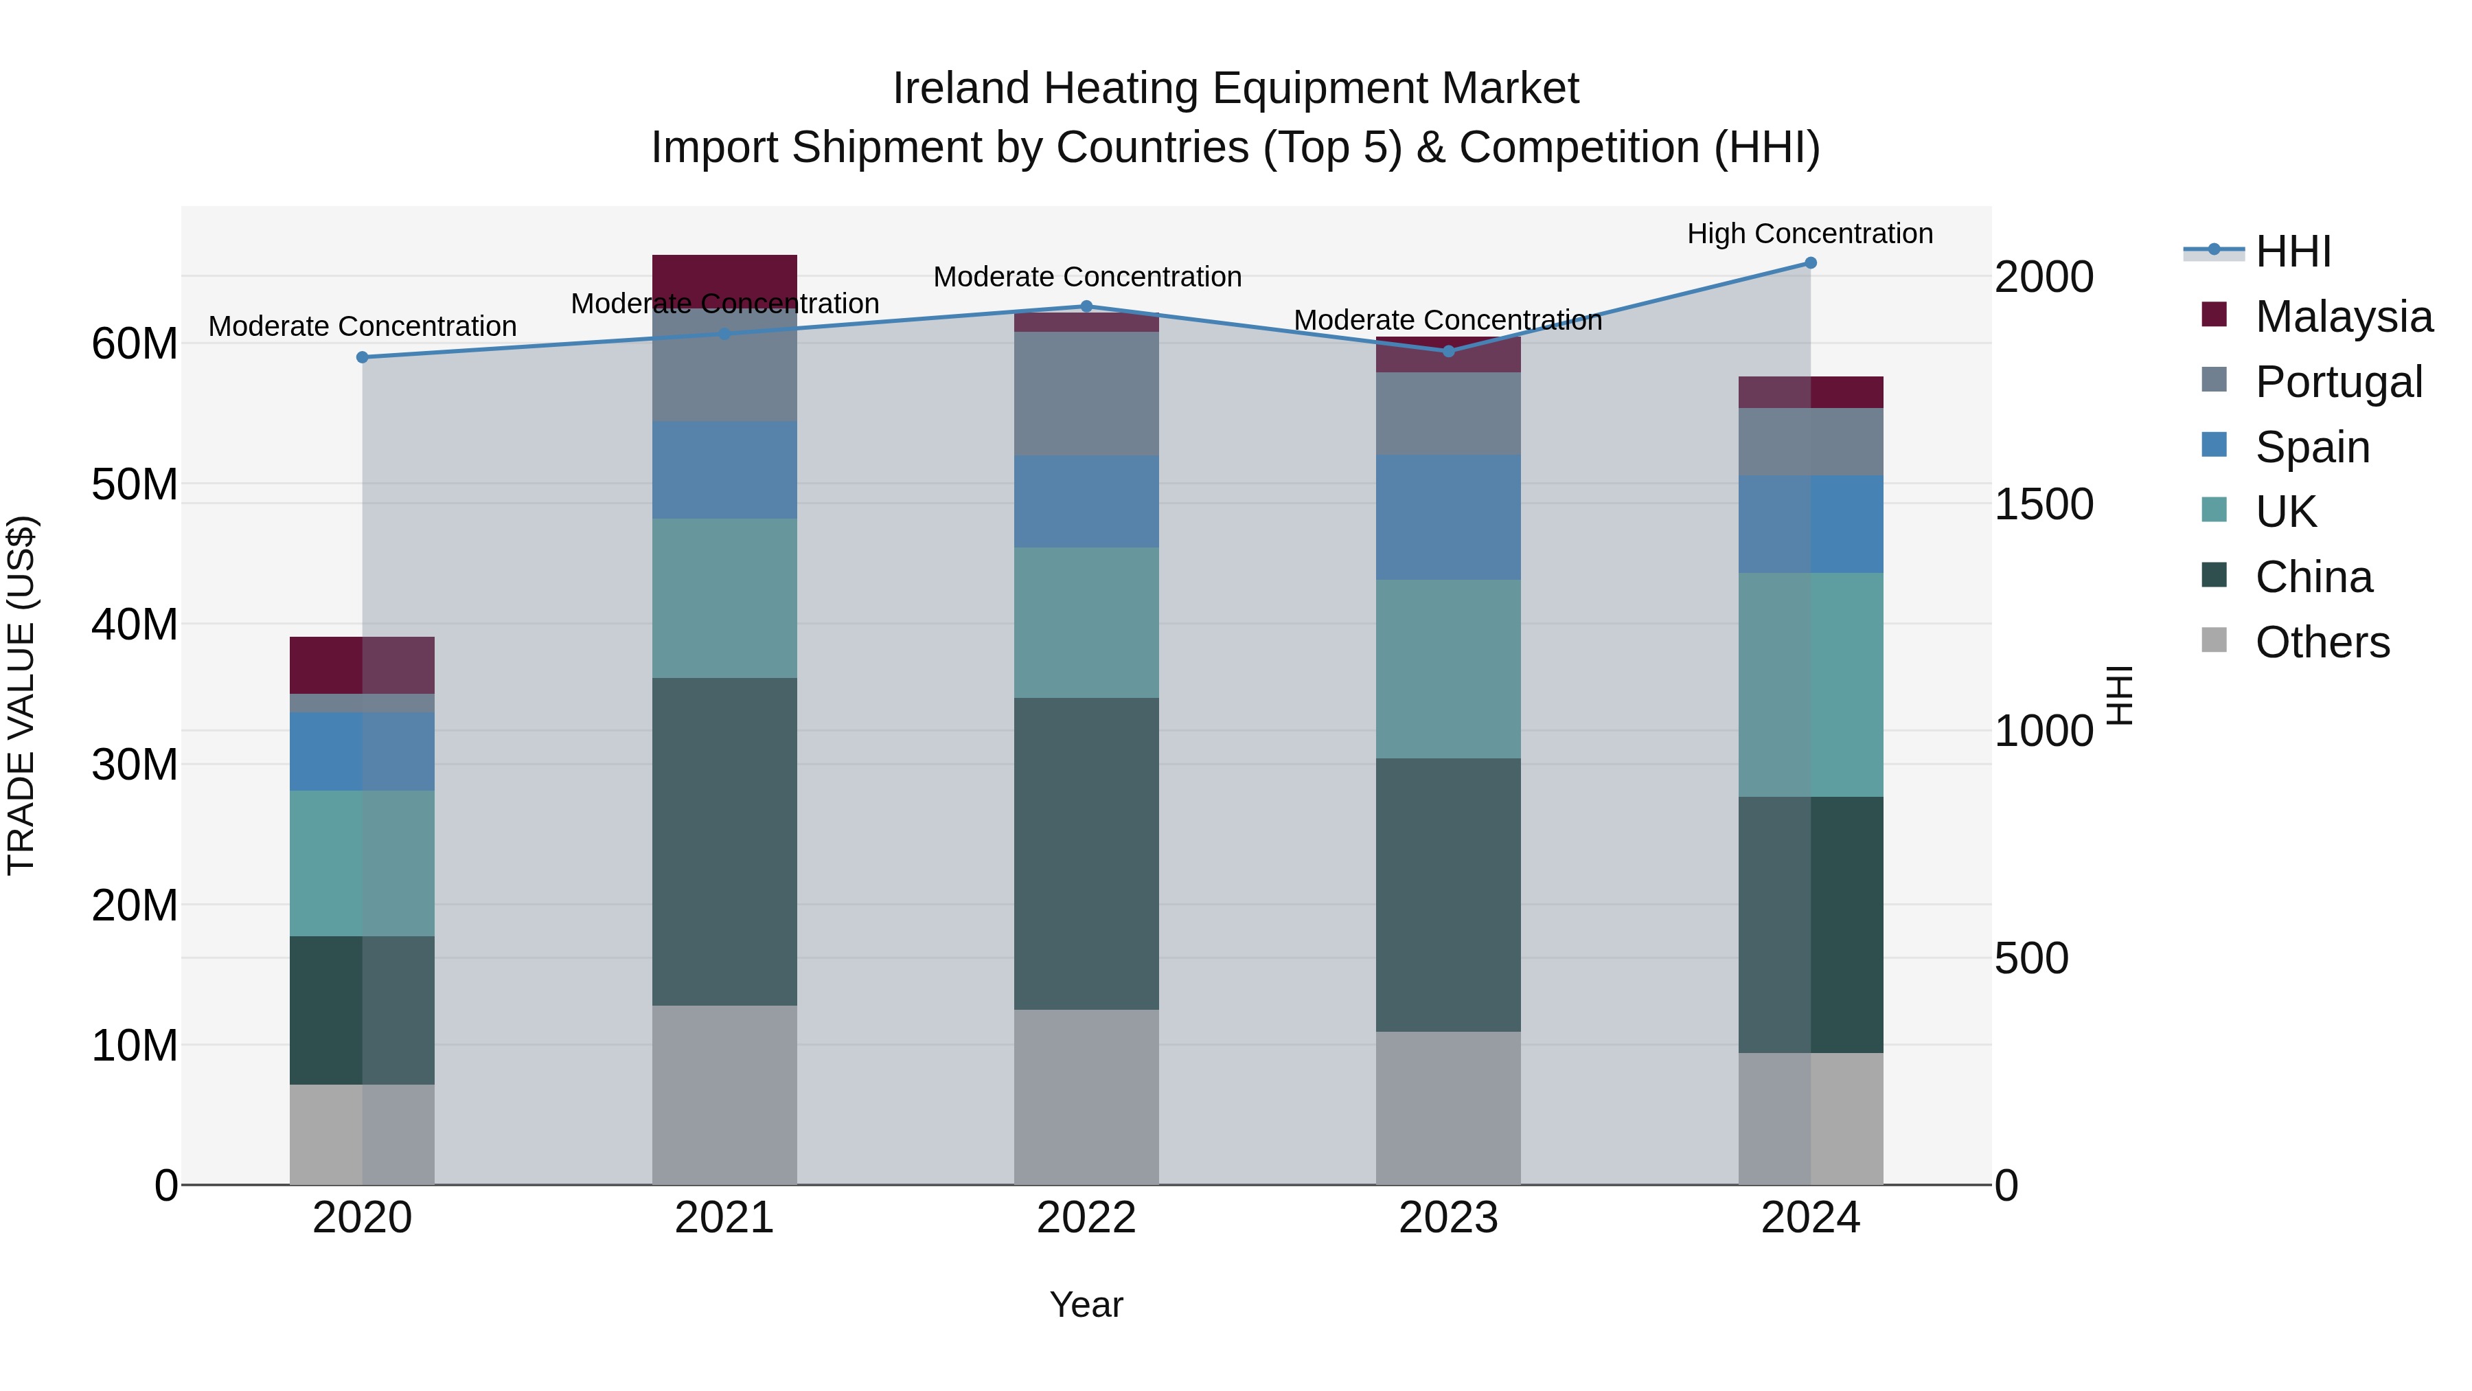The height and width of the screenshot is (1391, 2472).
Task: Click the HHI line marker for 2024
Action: [x=1810, y=263]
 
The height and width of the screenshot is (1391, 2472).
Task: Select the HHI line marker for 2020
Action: [x=363, y=357]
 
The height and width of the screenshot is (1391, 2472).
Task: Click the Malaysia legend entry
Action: [x=2342, y=317]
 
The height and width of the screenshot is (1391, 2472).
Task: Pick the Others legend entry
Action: [x=2322, y=642]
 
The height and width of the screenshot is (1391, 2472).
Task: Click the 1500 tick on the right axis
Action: [x=2044, y=505]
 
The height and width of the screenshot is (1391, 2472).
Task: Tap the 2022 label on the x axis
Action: [x=1086, y=1218]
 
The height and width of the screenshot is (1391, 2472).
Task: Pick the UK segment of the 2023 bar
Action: [x=1448, y=669]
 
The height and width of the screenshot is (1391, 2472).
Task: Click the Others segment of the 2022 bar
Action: [x=1086, y=1096]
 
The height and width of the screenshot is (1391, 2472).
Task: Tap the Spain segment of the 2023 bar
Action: [x=1448, y=517]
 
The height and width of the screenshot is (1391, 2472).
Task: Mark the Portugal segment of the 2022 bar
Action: [x=1086, y=394]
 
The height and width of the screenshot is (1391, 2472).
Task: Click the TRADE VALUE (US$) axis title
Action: [x=21, y=695]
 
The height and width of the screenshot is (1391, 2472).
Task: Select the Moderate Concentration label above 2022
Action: [x=1086, y=278]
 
